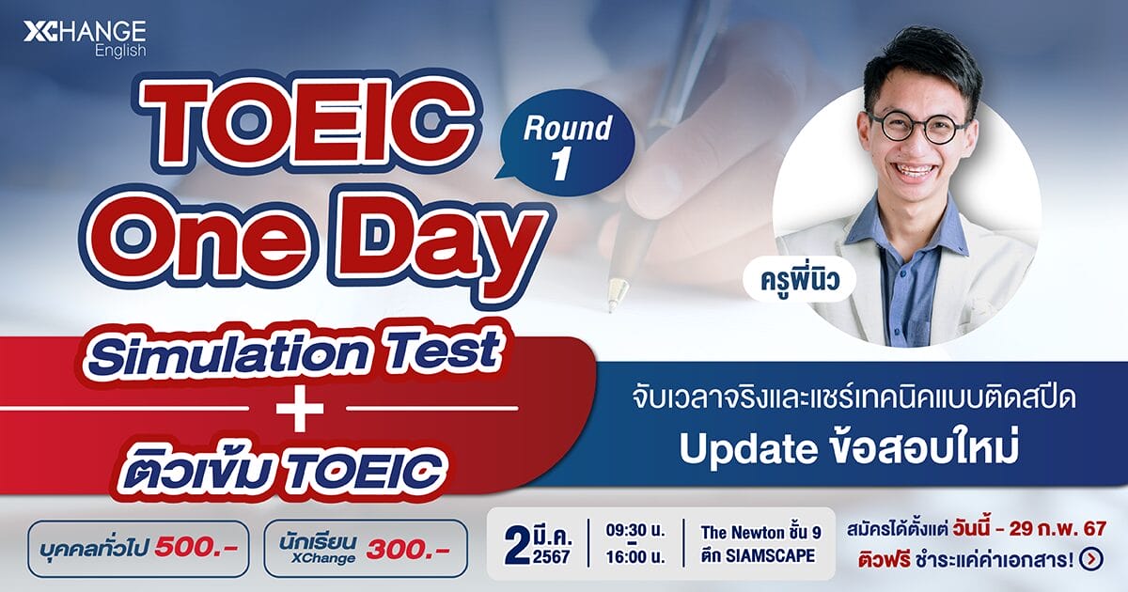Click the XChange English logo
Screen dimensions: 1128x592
[x=85, y=39]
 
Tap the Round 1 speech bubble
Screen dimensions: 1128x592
[x=566, y=143]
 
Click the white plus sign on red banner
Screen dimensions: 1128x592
[x=300, y=408]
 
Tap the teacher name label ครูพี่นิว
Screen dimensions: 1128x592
[x=800, y=279]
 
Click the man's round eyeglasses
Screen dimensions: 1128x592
[x=917, y=126]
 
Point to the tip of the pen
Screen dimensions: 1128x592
[x=611, y=308]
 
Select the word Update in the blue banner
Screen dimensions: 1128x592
[x=749, y=449]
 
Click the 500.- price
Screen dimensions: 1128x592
[x=196, y=548]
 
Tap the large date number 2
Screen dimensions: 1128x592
[x=517, y=546]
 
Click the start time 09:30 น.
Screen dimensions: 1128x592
[x=635, y=531]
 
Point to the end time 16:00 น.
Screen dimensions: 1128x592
[x=635, y=557]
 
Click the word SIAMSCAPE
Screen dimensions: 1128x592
[x=770, y=555]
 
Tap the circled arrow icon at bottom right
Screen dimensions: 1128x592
[x=1091, y=559]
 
